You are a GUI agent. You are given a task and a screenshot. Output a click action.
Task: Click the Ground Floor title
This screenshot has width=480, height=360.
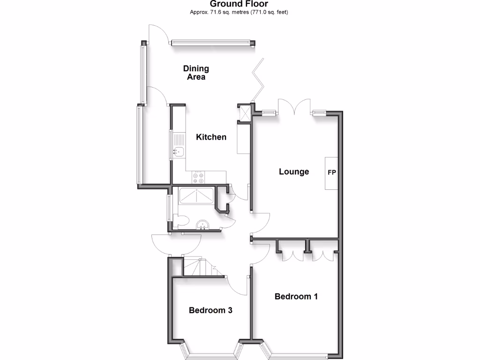pyautogui.click(x=239, y=4)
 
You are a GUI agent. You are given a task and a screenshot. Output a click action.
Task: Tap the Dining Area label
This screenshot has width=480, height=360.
pyautogui.click(x=196, y=73)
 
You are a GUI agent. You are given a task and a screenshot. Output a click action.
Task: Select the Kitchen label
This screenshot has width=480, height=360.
pyautogui.click(x=211, y=137)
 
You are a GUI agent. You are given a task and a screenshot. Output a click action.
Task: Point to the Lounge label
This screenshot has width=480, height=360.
pyautogui.click(x=294, y=172)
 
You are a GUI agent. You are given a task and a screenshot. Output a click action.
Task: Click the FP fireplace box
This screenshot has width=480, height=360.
pyautogui.click(x=331, y=172)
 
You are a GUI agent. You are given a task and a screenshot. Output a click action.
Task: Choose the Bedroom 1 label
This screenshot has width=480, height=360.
pyautogui.click(x=296, y=296)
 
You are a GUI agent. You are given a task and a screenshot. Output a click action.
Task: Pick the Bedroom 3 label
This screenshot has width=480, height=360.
pyautogui.click(x=210, y=310)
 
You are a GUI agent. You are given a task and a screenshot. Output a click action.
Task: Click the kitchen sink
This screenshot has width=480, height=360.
pyautogui.click(x=179, y=151)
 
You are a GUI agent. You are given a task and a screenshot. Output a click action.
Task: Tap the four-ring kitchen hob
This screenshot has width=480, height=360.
pyautogui.click(x=198, y=177)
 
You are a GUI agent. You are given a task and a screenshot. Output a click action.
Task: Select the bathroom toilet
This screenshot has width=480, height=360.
pyautogui.click(x=182, y=221)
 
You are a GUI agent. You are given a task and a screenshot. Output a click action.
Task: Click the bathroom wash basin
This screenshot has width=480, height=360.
pyautogui.click(x=202, y=225)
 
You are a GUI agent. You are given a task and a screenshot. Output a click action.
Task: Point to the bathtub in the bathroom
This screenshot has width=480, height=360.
pyautogui.click(x=196, y=197)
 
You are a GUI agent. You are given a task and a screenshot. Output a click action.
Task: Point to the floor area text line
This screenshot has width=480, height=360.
pyautogui.click(x=239, y=12)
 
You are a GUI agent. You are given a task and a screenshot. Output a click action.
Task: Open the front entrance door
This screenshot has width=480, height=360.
pyautogui.click(x=176, y=244)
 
